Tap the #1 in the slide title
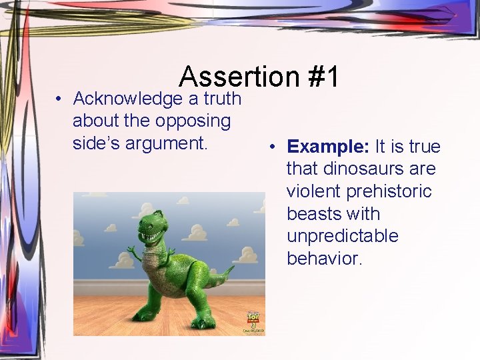point(323,77)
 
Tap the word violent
point(315,192)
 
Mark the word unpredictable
point(343,237)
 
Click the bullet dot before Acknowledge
point(60,99)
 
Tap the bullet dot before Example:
point(273,147)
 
